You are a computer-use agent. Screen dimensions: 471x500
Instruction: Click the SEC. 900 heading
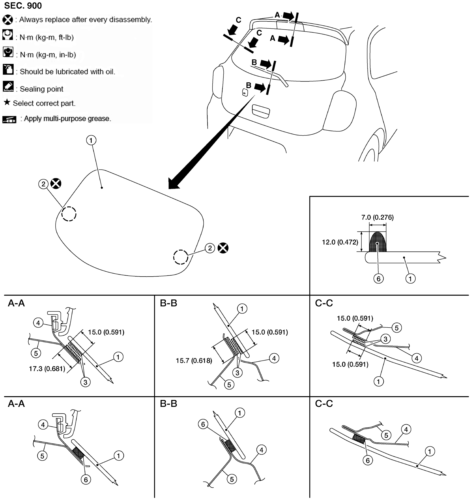pos(23,6)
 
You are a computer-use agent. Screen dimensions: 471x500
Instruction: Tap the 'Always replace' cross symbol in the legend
pos(8,20)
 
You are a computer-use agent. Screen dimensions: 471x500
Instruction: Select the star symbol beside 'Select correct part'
pos(7,102)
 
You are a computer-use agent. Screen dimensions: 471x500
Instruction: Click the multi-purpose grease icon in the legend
pos(9,119)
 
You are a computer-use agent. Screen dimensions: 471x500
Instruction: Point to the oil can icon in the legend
pos(8,70)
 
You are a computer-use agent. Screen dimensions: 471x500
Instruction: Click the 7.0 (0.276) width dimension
pos(377,217)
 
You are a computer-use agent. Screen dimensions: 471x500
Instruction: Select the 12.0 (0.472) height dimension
pos(340,242)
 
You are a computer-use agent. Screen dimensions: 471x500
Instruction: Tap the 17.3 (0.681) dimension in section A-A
pos(47,369)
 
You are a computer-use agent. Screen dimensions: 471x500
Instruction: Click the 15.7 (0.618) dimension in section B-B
pos(194,361)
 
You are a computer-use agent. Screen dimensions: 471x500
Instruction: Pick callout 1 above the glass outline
pos(91,140)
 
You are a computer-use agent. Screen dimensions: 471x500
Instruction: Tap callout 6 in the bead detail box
pos(378,279)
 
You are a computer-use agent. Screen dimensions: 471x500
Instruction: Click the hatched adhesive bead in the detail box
pos(378,242)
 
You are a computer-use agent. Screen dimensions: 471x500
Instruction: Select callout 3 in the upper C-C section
pos(385,339)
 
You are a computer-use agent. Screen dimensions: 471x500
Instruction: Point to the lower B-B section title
pos(169,404)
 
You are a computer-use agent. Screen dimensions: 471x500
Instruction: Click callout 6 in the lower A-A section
pos(86,480)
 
